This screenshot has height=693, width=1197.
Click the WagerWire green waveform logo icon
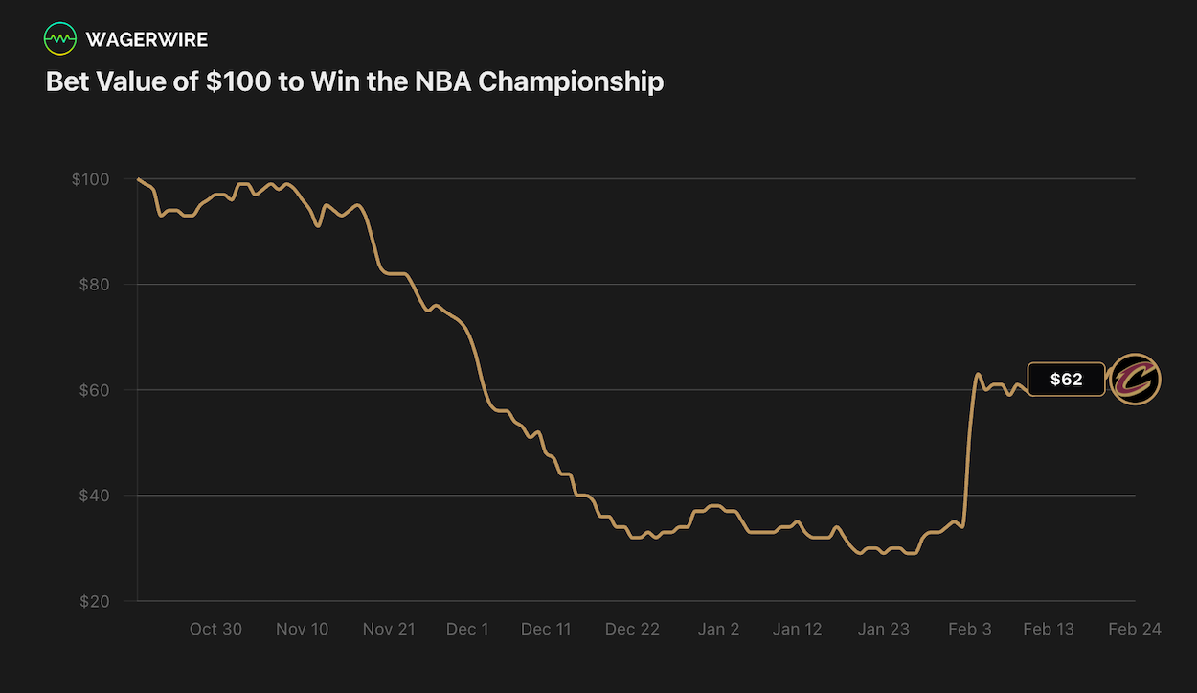(x=60, y=39)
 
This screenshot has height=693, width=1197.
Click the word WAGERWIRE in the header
(x=147, y=39)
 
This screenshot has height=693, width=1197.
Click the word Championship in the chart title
(x=570, y=81)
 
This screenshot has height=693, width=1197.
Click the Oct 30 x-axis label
(x=215, y=629)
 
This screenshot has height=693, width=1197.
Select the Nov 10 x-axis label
(x=302, y=629)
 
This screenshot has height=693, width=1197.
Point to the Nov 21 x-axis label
(x=389, y=629)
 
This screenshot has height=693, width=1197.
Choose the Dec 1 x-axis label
(x=467, y=629)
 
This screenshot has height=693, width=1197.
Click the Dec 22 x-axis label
(x=632, y=629)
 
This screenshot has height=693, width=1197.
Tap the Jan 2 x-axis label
(x=718, y=629)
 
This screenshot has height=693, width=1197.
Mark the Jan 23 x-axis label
(x=883, y=629)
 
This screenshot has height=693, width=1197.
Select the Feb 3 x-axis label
(x=970, y=629)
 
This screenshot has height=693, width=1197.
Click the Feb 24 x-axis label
(x=1135, y=629)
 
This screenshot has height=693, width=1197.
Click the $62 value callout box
(x=1066, y=380)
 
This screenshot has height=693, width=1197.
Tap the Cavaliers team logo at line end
(x=1135, y=380)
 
